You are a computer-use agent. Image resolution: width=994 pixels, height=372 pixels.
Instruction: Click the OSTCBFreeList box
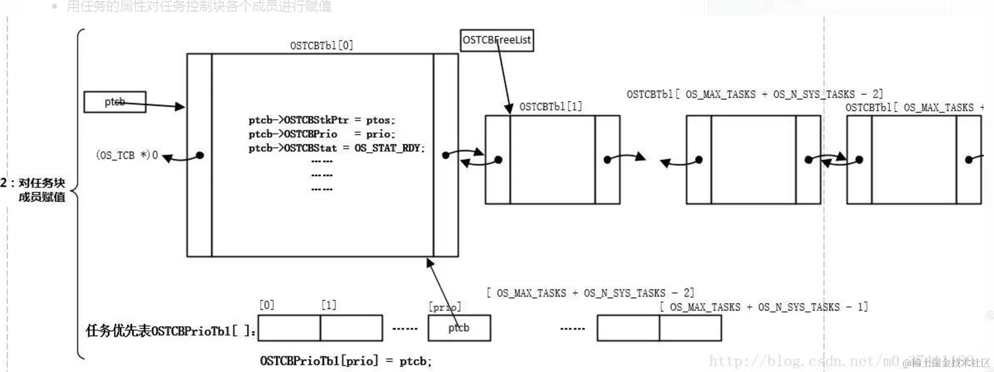click(496, 40)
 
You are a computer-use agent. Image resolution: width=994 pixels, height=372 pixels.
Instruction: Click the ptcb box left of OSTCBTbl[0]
click(115, 102)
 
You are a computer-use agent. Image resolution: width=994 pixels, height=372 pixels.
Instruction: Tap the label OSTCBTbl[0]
click(322, 45)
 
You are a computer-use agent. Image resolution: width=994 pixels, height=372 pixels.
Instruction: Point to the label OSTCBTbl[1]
click(551, 106)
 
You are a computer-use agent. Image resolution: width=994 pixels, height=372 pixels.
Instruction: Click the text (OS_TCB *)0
click(127, 155)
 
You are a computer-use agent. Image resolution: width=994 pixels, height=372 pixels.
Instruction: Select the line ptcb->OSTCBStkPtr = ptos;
click(322, 120)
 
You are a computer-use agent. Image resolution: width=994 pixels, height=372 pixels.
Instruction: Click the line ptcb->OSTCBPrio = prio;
click(322, 134)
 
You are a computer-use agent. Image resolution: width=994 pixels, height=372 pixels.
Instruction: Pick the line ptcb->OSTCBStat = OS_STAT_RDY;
click(336, 148)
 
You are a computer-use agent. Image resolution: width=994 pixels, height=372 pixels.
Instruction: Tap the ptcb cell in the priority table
click(459, 328)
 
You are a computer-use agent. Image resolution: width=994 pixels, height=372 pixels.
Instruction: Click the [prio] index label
click(445, 307)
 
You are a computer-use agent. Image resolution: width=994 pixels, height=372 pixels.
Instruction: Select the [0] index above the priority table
click(267, 305)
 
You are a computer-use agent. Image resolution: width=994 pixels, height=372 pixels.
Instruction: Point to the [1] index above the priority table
click(329, 305)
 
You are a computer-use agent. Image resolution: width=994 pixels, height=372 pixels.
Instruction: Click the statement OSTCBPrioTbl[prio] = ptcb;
click(346, 361)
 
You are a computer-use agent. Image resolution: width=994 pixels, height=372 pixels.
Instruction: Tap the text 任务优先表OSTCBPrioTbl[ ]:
click(170, 331)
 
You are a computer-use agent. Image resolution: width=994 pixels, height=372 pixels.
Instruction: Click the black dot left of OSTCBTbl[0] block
click(200, 155)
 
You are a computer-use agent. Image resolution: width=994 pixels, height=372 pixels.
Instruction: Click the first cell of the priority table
click(289, 328)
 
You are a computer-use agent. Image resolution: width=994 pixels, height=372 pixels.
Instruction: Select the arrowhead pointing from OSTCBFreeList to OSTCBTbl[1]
click(509, 109)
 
